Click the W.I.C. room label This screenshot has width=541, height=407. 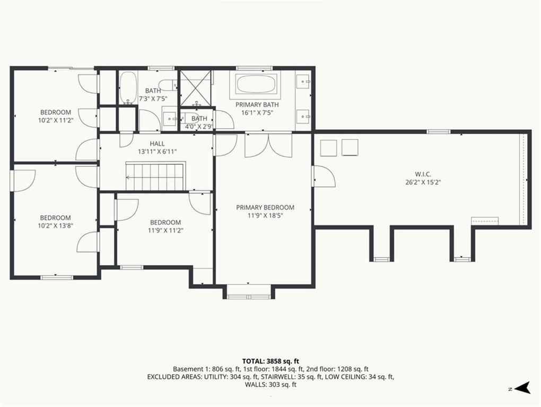click(423, 174)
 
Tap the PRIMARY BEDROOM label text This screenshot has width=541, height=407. click(265, 207)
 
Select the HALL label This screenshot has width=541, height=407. click(157, 144)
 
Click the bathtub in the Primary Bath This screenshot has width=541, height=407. click(256, 84)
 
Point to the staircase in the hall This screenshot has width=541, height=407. click(155, 176)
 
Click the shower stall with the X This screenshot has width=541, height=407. click(196, 88)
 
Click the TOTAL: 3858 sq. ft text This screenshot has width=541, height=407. click(270, 361)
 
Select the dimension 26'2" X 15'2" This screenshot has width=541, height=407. click(423, 182)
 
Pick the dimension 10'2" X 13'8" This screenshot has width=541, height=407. click(56, 226)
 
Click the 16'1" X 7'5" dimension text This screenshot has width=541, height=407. click(257, 112)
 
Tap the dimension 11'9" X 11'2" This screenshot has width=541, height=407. click(165, 231)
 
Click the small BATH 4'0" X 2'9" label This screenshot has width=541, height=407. click(199, 122)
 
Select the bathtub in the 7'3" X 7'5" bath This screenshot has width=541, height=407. click(128, 87)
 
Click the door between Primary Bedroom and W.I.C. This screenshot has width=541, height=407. click(324, 176)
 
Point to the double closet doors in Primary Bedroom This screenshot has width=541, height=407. click(268, 145)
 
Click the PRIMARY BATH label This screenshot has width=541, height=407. click(257, 104)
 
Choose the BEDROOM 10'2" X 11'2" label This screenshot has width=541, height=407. click(56, 116)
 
